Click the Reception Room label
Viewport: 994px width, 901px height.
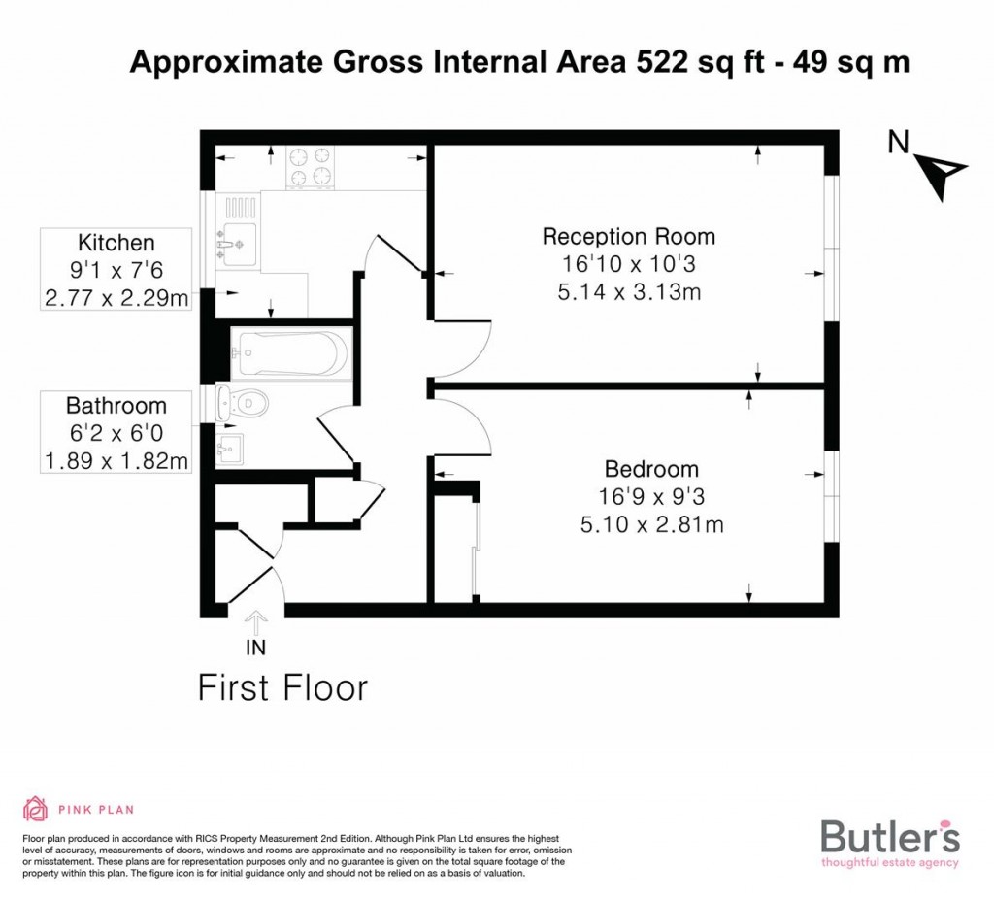click(628, 237)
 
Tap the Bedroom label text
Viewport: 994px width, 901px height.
click(651, 469)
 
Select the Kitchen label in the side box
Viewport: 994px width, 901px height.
click(116, 243)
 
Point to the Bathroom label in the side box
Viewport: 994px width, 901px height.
click(116, 406)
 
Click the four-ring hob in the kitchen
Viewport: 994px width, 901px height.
click(311, 167)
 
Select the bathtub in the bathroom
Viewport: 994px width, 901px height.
click(291, 353)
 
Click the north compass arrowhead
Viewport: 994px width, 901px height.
click(943, 176)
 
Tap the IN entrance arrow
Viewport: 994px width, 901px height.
click(255, 622)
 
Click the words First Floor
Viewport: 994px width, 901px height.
click(282, 688)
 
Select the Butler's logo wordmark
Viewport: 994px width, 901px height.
click(890, 836)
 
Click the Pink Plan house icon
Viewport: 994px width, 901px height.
click(36, 809)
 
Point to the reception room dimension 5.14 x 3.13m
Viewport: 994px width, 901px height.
click(629, 292)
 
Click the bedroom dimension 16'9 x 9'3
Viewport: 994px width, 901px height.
click(651, 497)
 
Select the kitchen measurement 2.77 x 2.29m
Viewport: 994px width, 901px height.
click(116, 297)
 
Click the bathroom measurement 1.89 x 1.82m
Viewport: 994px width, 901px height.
click(116, 461)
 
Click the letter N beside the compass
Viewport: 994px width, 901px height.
click(898, 142)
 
